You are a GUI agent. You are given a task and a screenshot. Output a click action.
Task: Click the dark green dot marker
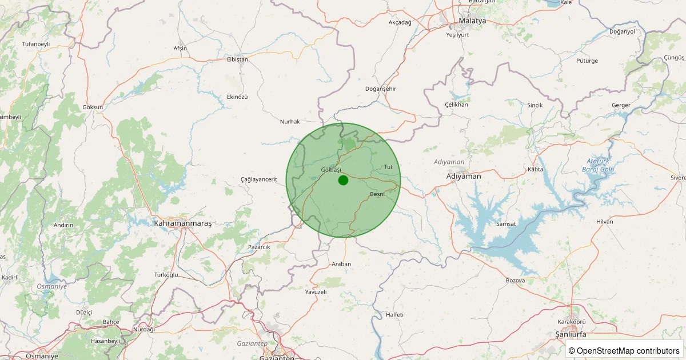point(343,180)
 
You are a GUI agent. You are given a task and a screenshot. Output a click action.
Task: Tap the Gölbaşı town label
point(331,170)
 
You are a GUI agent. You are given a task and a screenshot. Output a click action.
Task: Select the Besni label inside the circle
point(377,194)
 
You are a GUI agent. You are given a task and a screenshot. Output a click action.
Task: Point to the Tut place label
point(389,167)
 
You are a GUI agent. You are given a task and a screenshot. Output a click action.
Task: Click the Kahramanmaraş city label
point(183,223)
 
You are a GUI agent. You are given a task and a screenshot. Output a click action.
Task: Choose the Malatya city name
point(472,21)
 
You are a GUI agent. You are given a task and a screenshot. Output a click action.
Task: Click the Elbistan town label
point(238,59)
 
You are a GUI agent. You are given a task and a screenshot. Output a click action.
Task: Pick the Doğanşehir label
point(381,89)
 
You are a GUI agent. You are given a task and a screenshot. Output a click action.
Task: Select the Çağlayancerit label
point(259,179)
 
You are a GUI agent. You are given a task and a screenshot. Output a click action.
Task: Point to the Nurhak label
point(290,121)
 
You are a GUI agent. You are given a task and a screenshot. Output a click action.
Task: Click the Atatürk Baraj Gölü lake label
point(598,165)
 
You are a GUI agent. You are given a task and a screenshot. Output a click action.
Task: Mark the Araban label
point(341,264)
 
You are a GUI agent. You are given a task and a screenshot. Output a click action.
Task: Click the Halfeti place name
point(395,315)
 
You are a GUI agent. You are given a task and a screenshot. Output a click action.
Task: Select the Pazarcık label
point(259,247)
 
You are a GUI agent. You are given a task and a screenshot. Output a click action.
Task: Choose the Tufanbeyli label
point(36,44)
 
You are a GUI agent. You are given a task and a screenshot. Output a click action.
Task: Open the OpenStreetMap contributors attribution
point(624,350)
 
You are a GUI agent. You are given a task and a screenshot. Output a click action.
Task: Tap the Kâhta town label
point(536,170)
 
